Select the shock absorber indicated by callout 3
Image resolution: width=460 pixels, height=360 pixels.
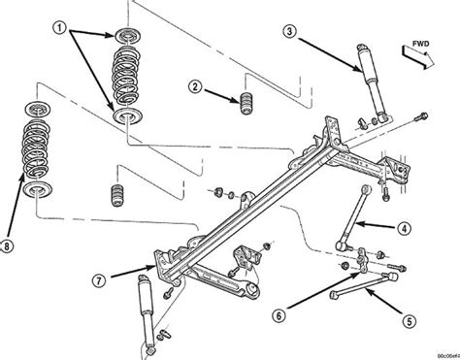(x=369, y=87)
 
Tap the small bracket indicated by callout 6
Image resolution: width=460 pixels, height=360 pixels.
(x=362, y=260)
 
